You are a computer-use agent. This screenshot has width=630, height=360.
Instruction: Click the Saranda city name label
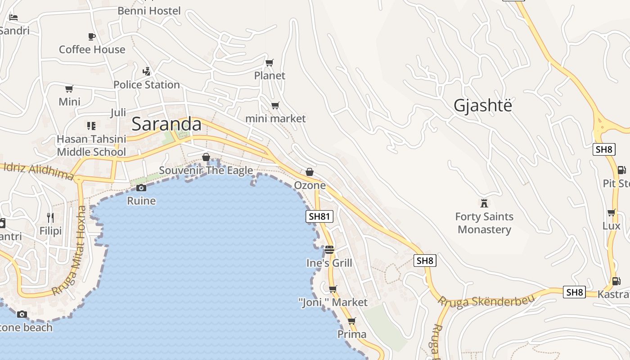tap(166, 124)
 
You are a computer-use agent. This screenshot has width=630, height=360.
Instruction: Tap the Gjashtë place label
tap(483, 105)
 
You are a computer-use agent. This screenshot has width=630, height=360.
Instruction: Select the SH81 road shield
tap(319, 216)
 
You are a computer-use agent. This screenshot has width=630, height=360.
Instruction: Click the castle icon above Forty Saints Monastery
tap(484, 203)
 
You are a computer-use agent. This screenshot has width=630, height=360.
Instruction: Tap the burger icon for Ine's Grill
tap(329, 250)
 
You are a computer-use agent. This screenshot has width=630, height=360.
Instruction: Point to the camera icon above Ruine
tap(141, 188)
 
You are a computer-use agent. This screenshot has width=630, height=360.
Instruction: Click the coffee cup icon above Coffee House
tap(92, 36)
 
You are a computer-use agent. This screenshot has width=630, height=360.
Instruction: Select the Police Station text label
tap(146, 85)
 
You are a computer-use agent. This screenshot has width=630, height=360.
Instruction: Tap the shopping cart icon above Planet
tap(270, 63)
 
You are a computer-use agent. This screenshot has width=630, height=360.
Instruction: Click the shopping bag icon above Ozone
tap(310, 172)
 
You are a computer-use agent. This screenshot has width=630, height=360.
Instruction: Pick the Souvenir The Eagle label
tap(206, 171)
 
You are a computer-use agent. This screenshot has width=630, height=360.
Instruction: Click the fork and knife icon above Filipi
tap(50, 218)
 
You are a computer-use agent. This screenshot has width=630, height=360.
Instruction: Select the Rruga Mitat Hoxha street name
tap(70, 251)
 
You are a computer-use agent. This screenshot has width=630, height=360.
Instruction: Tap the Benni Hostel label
tap(149, 11)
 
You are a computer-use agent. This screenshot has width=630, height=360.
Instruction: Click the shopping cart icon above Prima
tap(352, 321)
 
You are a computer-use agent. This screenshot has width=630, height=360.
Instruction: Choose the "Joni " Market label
tap(333, 302)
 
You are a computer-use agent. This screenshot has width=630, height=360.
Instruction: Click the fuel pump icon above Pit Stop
tap(621, 170)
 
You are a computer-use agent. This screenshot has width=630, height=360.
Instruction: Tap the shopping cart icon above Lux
tap(611, 212)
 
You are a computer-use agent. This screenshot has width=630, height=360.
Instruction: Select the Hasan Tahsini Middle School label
tap(91, 145)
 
